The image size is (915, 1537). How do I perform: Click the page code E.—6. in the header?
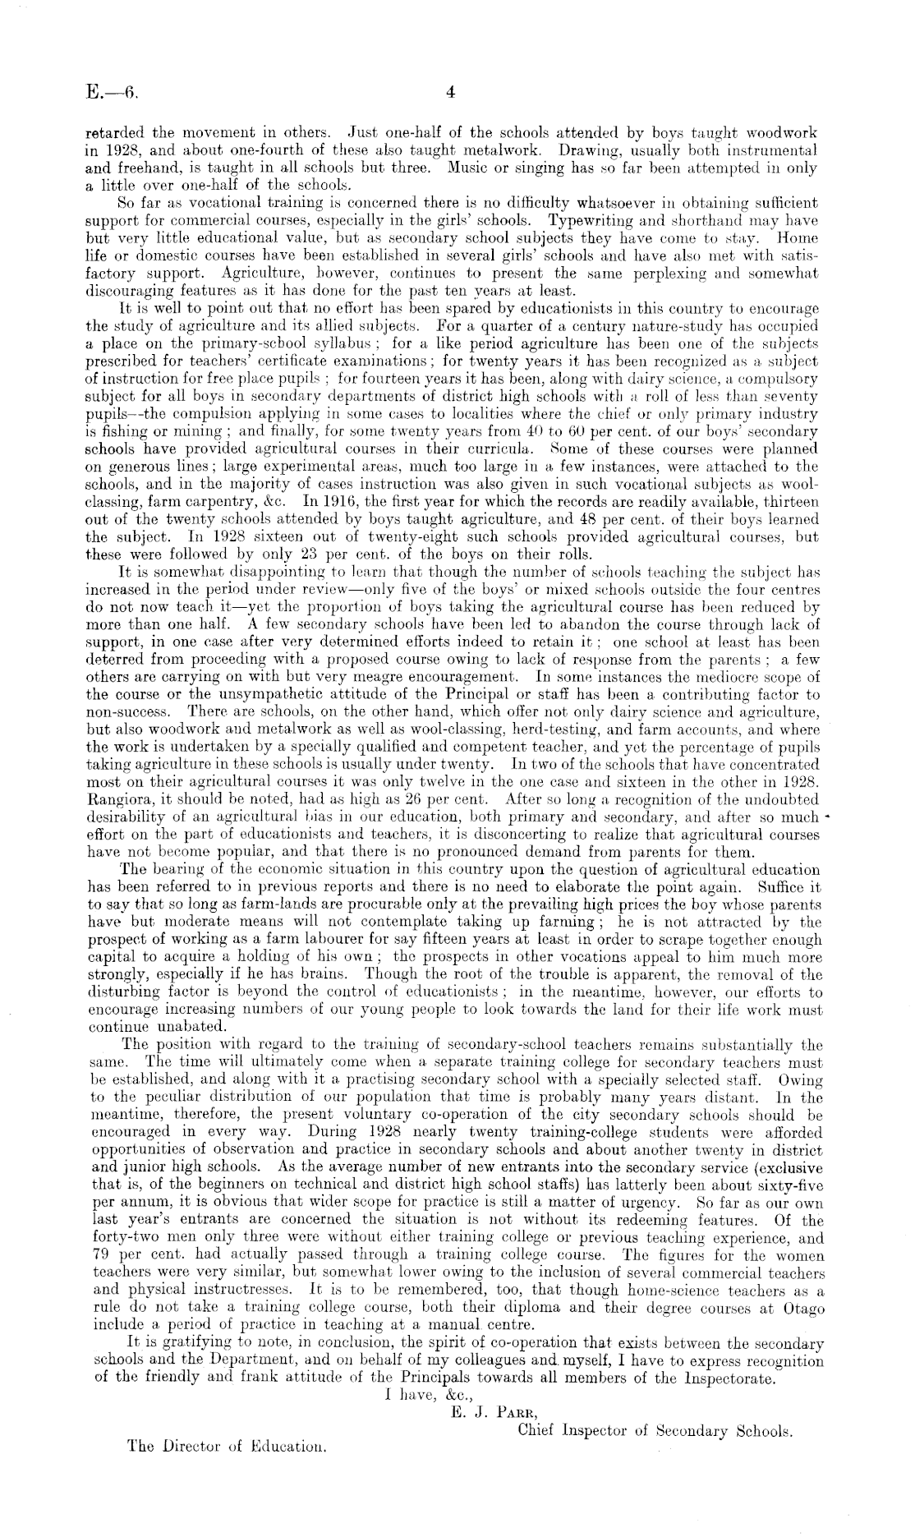click(111, 92)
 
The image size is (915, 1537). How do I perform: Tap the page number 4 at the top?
click(450, 92)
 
